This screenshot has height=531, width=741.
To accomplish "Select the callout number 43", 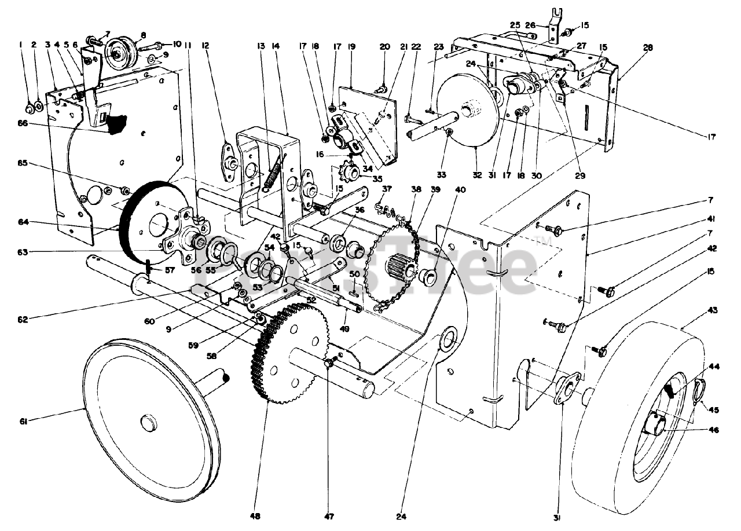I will tap(712, 310).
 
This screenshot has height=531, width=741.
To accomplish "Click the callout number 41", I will tap(711, 221).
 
